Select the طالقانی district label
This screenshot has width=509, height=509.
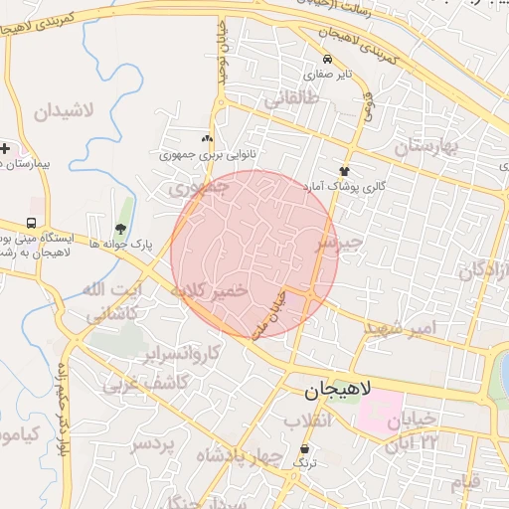(291, 100)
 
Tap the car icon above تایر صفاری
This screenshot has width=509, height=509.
(327, 59)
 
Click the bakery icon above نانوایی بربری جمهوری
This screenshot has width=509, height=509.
(207, 140)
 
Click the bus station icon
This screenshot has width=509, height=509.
(33, 222)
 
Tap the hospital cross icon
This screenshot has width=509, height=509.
(5, 148)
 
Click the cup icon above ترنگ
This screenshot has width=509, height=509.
(304, 449)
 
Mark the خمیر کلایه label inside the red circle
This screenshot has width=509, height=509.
(209, 291)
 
